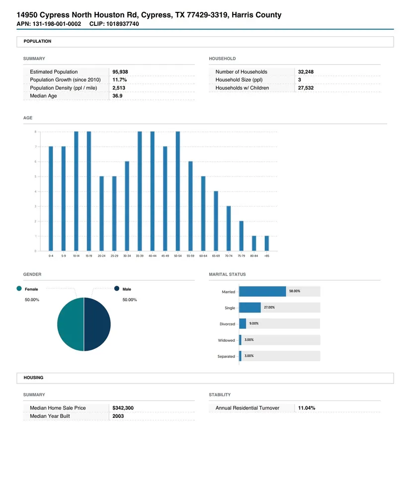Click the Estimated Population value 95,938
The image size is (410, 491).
pos(120,72)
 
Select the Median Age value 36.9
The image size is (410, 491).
pos(117,96)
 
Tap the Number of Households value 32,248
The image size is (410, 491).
pos(306,72)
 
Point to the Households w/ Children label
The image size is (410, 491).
pos(242,88)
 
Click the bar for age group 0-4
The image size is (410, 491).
pos(51,199)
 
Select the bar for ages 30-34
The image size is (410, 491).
pos(127,206)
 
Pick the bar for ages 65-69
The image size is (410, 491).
pos(216,221)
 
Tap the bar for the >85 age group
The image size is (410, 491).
pos(267,243)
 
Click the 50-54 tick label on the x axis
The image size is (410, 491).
pos(178,256)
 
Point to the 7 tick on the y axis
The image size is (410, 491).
pos(35,147)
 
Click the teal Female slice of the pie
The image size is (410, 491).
pos(71,324)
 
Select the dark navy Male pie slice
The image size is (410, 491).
pos(97,324)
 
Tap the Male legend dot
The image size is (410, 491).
pos(117,289)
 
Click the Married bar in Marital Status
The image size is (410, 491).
pos(262,292)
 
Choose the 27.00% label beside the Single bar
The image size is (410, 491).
pos(269,307)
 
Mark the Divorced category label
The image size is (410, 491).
pos(227,324)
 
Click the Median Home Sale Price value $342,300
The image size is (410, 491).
pos(123,408)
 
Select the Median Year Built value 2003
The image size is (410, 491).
pos(118,416)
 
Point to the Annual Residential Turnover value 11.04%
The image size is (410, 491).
pos(307,408)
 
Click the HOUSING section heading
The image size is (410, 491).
pos(33,378)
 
